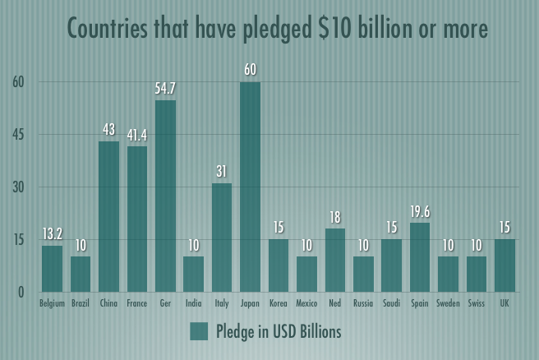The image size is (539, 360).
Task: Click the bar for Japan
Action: tap(250, 187)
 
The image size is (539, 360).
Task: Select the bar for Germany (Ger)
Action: tap(165, 196)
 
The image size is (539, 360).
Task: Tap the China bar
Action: tap(108, 216)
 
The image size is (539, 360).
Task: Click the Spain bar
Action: tap(420, 257)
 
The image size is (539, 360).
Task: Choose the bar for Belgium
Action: tap(52, 269)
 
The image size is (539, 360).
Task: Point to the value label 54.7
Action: tap(165, 88)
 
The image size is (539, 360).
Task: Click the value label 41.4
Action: tap(136, 134)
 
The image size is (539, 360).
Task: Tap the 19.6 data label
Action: tap(420, 210)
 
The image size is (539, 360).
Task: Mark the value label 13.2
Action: tap(52, 233)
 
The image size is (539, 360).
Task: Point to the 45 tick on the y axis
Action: tap(19, 135)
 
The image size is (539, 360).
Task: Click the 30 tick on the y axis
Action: tap(19, 187)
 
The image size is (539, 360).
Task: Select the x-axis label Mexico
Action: tap(306, 304)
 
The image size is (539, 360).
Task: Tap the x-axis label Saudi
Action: tap(391, 304)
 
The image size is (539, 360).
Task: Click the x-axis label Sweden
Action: tap(448, 304)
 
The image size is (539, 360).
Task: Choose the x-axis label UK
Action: tap(504, 304)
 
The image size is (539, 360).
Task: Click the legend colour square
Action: tap(199, 331)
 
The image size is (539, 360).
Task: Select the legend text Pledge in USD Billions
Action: tap(279, 332)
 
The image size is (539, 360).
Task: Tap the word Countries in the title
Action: tap(109, 29)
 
